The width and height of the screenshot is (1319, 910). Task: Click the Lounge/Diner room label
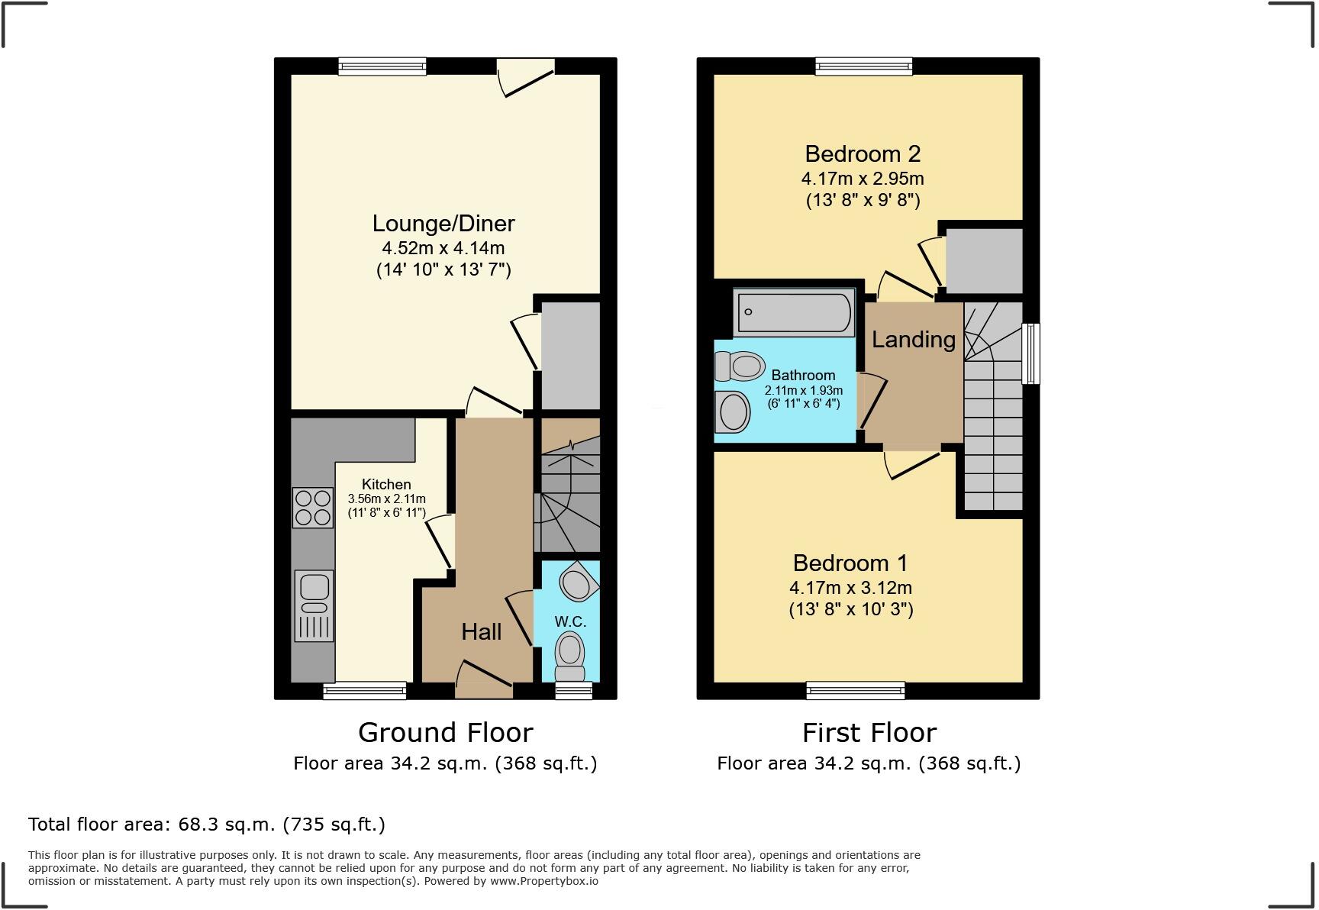tap(443, 224)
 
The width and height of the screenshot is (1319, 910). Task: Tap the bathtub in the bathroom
tap(794, 312)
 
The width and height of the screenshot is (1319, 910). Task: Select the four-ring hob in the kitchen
tap(313, 508)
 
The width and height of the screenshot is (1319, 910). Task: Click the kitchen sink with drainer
tap(314, 606)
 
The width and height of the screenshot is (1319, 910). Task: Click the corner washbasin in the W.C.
tap(579, 584)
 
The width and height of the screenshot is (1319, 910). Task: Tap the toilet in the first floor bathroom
tap(740, 366)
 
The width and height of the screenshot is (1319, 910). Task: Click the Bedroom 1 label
tap(850, 563)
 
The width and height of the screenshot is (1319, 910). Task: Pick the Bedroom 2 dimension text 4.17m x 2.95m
tap(863, 179)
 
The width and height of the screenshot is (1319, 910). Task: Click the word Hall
tap(482, 631)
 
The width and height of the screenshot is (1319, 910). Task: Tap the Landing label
tap(914, 339)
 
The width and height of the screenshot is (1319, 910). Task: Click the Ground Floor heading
tap(446, 733)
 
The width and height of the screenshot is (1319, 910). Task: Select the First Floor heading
tap(869, 733)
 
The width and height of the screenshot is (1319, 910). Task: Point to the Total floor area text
tap(207, 824)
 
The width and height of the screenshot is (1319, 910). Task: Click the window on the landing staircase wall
tap(1030, 353)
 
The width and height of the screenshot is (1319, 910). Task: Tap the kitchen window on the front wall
tap(365, 691)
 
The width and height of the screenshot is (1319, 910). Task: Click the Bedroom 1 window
tap(856, 691)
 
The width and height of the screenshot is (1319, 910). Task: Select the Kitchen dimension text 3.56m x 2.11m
tap(386, 499)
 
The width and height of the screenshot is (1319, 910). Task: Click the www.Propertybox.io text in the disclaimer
tap(544, 881)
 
